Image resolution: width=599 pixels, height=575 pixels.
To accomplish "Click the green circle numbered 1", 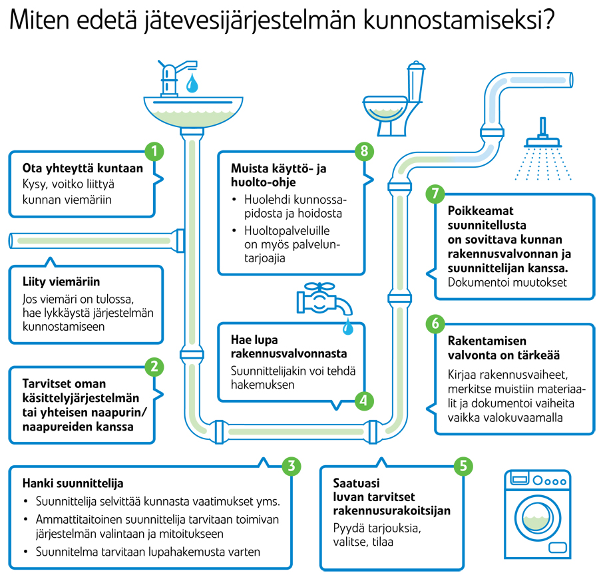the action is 154,151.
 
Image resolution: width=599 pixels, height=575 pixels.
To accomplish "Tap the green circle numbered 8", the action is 364,151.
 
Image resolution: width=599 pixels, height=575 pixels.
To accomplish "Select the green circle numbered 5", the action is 463,466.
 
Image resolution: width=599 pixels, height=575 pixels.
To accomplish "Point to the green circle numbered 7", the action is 435,194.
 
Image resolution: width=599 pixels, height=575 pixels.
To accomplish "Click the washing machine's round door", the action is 538,518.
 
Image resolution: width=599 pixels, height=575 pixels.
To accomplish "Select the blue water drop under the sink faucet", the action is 192,83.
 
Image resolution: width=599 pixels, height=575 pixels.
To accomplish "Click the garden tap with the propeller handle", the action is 324,299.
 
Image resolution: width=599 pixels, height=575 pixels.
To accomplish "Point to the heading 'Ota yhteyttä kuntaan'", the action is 83,168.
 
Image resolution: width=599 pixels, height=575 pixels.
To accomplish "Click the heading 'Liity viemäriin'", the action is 61,282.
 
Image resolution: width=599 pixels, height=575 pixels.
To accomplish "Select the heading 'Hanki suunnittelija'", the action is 73,483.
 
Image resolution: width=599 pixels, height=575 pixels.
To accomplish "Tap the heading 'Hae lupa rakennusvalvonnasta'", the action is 289,347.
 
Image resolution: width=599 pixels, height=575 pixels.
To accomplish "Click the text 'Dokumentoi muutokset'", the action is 507,282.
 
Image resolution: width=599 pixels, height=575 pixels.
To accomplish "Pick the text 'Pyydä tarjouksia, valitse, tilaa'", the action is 377,535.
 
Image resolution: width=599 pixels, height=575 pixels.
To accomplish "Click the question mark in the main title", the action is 549,19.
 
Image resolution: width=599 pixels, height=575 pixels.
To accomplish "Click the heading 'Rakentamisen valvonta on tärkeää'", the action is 504,348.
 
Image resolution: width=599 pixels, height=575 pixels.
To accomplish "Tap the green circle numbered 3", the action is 292,466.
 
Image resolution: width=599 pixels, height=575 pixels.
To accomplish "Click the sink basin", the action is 193,112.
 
